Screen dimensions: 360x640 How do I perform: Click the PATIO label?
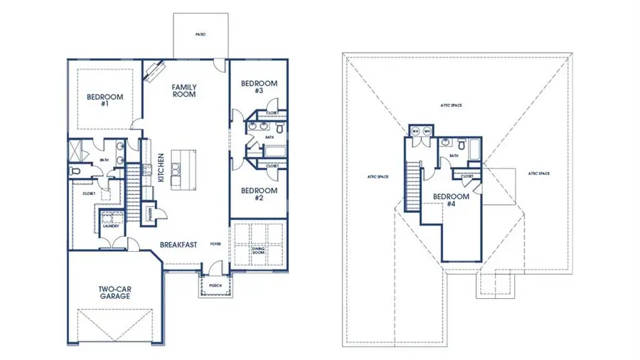coord(201,33)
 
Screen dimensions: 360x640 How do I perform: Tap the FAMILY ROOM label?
coord(184,90)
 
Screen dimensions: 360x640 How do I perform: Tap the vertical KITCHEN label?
coord(161,168)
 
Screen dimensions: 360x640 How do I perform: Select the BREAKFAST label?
coord(178,244)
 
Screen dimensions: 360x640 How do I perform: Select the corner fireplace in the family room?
coord(154,72)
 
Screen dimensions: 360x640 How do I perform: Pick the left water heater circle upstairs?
coord(415,132)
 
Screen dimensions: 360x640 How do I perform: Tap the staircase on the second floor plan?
coord(412,184)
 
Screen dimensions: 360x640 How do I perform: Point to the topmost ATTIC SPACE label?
coord(451,105)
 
